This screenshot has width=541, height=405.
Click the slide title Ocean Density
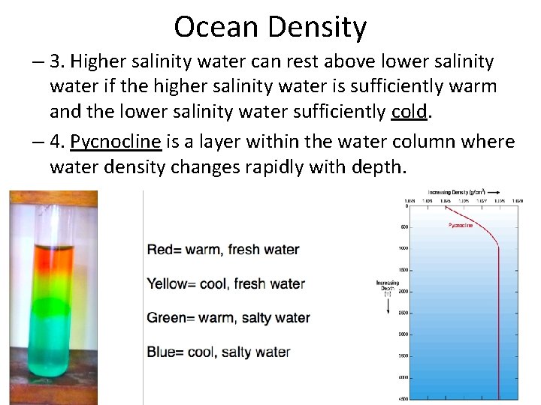tap(270, 28)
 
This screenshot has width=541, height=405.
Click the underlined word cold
tap(410, 112)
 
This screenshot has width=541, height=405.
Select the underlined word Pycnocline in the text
tap(121, 142)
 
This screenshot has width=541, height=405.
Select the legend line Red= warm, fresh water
tap(223, 250)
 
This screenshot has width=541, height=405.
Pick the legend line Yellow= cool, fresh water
tap(225, 284)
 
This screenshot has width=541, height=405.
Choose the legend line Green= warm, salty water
tap(228, 318)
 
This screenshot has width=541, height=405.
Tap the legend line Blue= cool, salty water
tap(219, 352)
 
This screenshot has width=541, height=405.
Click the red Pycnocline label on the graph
tap(461, 225)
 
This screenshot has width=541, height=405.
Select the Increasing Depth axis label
tap(388, 286)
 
